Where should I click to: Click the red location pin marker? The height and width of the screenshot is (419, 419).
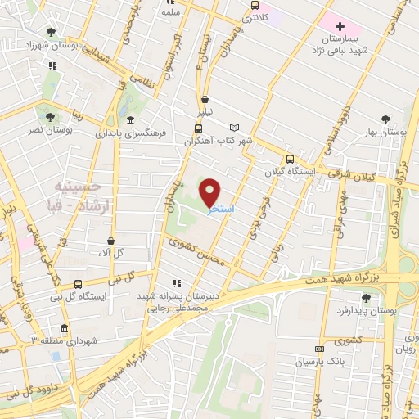[x=210, y=191]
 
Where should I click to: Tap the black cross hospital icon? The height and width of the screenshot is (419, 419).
[x=340, y=27]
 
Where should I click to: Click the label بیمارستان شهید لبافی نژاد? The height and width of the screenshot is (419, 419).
[x=339, y=44]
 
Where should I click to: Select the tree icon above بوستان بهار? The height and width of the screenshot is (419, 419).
[x=386, y=119]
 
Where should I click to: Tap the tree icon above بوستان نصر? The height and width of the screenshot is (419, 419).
[x=52, y=118]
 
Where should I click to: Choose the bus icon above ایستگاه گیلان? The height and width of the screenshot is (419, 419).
[x=290, y=159]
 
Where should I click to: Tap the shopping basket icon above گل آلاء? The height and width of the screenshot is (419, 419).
[x=111, y=241]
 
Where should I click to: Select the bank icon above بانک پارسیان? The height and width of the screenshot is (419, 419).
[x=318, y=349]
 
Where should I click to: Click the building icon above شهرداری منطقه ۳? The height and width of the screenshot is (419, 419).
[x=56, y=326]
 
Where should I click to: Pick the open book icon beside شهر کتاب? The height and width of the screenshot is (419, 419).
[x=236, y=128]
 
